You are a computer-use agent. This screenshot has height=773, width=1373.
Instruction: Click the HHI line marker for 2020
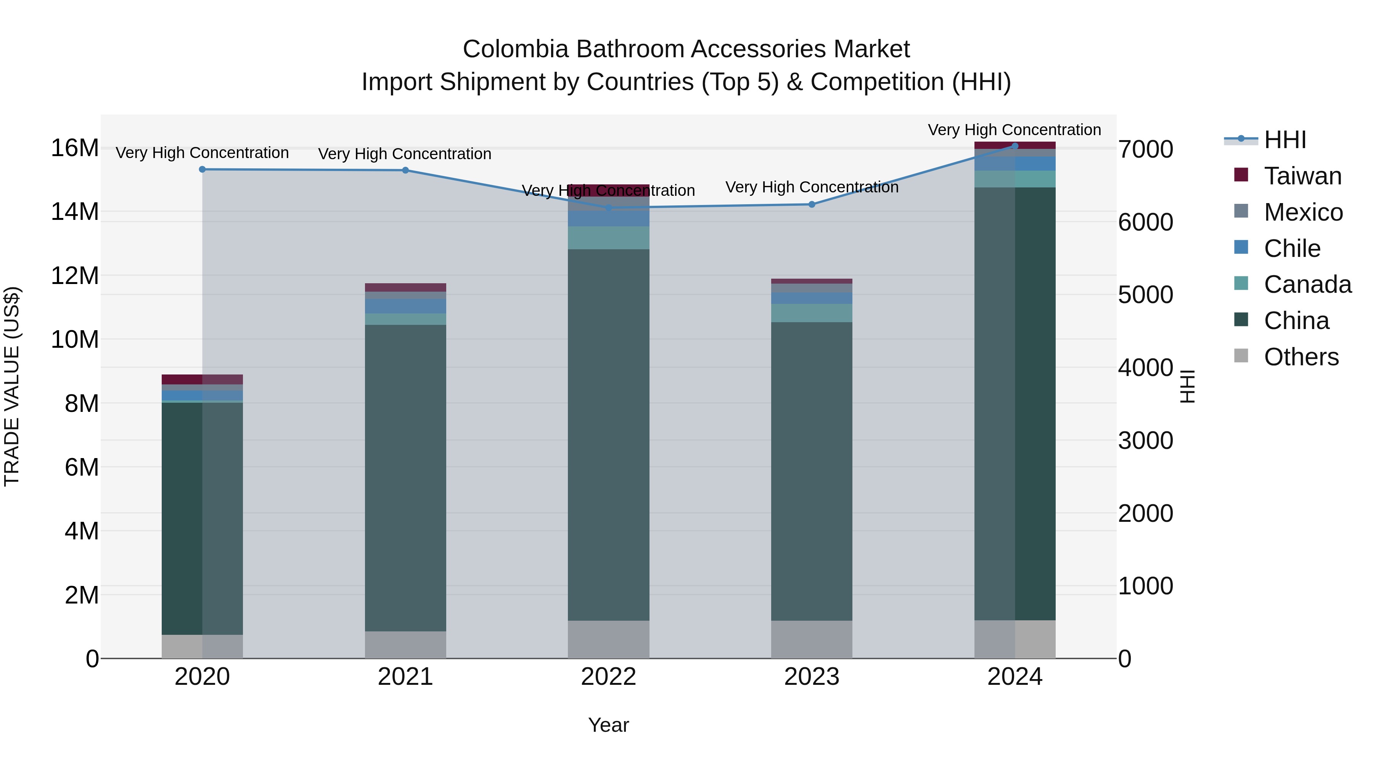tap(202, 169)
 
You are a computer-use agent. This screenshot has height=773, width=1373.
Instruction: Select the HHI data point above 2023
tap(812, 204)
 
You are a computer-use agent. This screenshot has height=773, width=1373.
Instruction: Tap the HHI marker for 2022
tap(609, 208)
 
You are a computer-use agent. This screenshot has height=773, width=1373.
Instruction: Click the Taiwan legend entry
tap(1302, 176)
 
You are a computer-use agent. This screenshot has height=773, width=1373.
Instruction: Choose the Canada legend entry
tap(1307, 284)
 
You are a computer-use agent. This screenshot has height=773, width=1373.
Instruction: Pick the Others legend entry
tap(1301, 357)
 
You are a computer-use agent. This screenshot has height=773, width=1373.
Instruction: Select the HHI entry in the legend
tap(1285, 140)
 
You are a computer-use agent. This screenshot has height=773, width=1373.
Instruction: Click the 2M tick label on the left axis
tap(82, 595)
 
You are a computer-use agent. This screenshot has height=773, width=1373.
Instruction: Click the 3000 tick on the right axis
tap(1145, 441)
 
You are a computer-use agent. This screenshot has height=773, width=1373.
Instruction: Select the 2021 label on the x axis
tap(405, 677)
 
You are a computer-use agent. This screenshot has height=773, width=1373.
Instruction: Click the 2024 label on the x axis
tap(1014, 677)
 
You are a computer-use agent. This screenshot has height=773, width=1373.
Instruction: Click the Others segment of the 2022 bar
tap(609, 639)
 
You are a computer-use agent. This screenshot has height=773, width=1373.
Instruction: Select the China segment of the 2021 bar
tap(405, 478)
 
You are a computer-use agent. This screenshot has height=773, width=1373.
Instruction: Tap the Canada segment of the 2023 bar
tap(812, 313)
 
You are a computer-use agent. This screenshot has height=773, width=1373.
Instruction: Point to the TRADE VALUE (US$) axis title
tap(12, 386)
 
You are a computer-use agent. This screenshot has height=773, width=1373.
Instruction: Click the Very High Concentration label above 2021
tap(405, 154)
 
